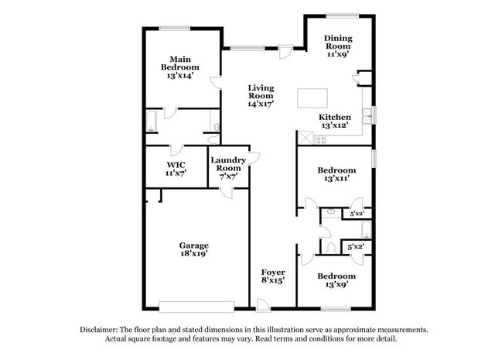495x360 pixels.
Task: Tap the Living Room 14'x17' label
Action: tap(261, 96)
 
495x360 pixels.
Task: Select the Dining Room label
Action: tap(338, 42)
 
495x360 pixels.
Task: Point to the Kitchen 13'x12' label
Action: tap(335, 121)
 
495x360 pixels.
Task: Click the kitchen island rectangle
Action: tap(312, 98)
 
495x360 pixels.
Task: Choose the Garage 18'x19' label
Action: tap(194, 249)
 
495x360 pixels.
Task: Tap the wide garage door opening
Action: tap(196, 307)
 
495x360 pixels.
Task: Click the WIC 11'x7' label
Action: tap(176, 169)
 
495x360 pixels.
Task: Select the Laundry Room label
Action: tap(228, 164)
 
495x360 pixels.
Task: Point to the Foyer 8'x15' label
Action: tap(273, 276)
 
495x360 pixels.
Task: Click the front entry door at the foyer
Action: tap(263, 305)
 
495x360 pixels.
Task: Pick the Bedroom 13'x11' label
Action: tap(336, 174)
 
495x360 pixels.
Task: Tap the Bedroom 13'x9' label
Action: tap(336, 280)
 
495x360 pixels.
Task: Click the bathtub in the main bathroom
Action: tap(152, 121)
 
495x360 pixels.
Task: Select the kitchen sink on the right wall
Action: tap(367, 116)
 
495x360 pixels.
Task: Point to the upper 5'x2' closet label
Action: tap(357, 214)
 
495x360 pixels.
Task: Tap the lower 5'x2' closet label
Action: tap(356, 246)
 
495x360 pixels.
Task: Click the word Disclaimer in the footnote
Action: tap(99, 330)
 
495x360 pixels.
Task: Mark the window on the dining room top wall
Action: tap(342, 15)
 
